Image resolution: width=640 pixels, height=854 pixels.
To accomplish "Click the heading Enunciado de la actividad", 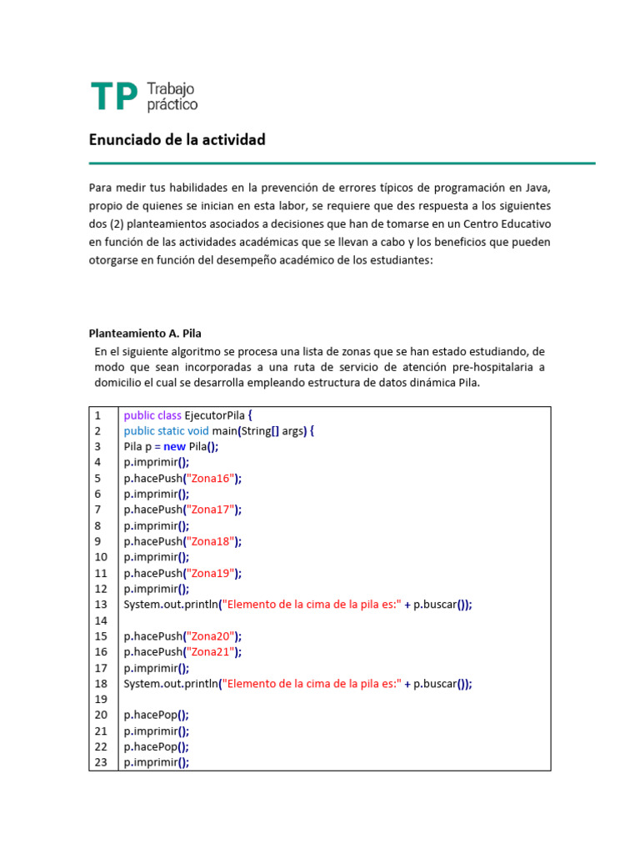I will pyautogui.click(x=177, y=140).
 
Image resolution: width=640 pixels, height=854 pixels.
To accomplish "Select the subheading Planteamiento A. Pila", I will pyautogui.click(x=145, y=332).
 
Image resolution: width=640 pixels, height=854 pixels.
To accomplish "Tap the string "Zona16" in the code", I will pyautogui.click(x=211, y=478).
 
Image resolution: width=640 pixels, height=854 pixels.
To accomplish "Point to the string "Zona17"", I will pyautogui.click(x=211, y=510).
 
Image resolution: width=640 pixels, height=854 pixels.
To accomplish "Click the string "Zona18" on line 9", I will pyautogui.click(x=211, y=541).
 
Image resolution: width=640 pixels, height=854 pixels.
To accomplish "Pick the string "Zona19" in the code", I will pyautogui.click(x=211, y=573).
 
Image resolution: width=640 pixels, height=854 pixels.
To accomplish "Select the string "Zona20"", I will pyautogui.click(x=211, y=636).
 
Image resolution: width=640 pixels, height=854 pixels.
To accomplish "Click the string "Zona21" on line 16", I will pyautogui.click(x=211, y=652).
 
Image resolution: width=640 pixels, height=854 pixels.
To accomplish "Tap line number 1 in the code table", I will pyautogui.click(x=97, y=414).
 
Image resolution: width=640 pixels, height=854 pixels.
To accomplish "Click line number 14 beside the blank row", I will pyautogui.click(x=101, y=620).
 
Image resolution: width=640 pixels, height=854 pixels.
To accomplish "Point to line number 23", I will pyautogui.click(x=101, y=762).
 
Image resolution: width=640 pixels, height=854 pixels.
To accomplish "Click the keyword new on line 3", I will pyautogui.click(x=175, y=446).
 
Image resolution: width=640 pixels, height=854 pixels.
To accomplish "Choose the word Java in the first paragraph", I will pyautogui.click(x=536, y=186).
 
